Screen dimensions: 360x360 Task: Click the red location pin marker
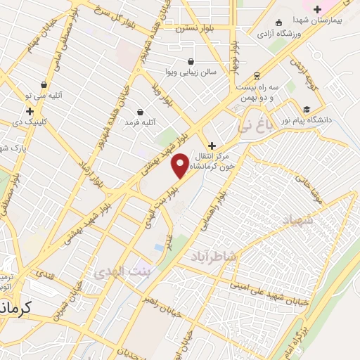pyautogui.click(x=180, y=166)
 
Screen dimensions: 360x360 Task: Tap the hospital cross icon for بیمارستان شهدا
pyautogui.click(x=317, y=9)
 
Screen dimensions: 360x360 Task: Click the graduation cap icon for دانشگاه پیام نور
pyautogui.click(x=307, y=109)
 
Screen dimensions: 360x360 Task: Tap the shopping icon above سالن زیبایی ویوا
pyautogui.click(x=191, y=60)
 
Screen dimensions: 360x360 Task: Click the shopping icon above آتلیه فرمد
pyautogui.click(x=140, y=112)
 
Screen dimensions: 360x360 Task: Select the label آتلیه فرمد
pyautogui.click(x=139, y=122)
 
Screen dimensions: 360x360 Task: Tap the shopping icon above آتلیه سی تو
pyautogui.click(x=44, y=84)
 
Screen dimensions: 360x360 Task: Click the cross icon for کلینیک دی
pyautogui.click(x=30, y=111)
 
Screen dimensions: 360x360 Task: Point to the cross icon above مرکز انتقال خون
pyautogui.click(x=212, y=146)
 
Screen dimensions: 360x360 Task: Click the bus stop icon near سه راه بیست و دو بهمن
pyautogui.click(x=257, y=75)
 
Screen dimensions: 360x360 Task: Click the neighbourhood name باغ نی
pyautogui.click(x=253, y=127)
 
